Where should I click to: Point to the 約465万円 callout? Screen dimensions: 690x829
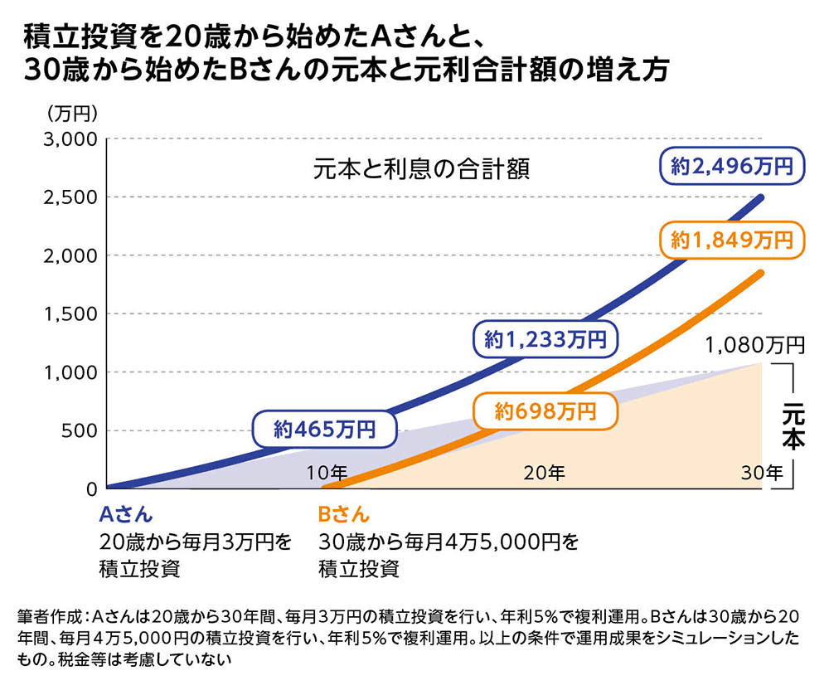point(324,430)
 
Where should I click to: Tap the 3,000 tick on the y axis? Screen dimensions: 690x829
point(73,138)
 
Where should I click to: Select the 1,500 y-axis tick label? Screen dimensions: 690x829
point(73,313)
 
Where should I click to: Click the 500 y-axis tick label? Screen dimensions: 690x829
point(80,430)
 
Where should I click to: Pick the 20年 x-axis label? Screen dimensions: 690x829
point(544,474)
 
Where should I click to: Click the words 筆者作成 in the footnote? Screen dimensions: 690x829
point(49,618)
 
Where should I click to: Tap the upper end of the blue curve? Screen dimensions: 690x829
point(760,197)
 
